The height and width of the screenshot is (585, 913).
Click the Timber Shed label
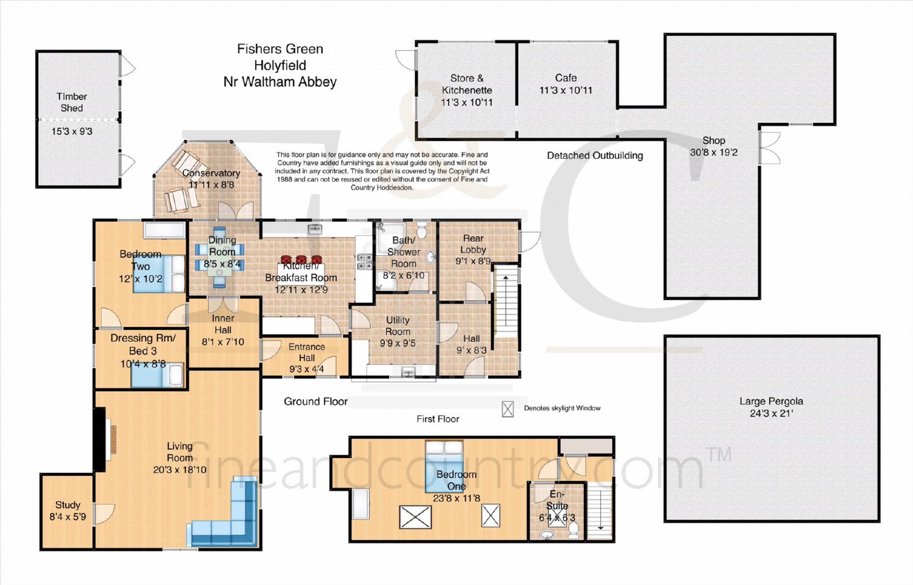(72, 102)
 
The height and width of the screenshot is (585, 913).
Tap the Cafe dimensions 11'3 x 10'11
(565, 90)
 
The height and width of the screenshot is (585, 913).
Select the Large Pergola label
(771, 401)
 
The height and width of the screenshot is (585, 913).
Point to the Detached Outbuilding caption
(595, 155)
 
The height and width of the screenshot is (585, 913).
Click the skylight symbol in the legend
(507, 409)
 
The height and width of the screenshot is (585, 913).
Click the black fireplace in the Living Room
(99, 439)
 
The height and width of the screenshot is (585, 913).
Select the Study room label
(68, 504)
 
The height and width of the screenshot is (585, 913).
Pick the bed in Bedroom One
(444, 466)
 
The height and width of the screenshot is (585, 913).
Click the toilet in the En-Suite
(573, 530)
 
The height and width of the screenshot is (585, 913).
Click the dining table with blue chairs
(220, 258)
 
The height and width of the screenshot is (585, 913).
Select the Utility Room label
(397, 326)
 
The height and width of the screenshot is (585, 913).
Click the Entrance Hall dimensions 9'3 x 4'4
(306, 369)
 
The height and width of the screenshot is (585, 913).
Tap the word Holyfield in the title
(280, 65)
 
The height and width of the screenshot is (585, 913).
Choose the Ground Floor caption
(316, 402)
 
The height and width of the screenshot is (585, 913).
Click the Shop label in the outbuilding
(714, 141)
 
